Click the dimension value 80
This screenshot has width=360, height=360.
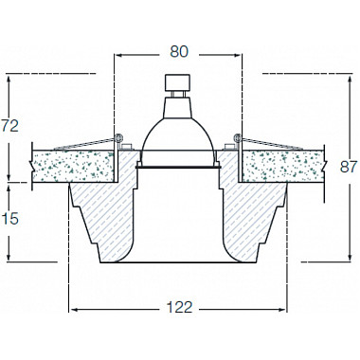tap(179, 52)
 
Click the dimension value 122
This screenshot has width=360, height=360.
tap(179, 307)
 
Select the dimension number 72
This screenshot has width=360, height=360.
tap(10, 126)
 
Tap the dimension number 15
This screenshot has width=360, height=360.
tap(10, 219)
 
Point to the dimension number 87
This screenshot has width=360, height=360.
tap(349, 167)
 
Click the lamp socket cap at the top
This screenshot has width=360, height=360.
tap(178, 82)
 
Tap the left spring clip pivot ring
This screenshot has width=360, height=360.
tap(118, 137)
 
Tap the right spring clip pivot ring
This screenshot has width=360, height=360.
tap(238, 137)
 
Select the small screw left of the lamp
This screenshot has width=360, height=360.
tap(127, 146)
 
